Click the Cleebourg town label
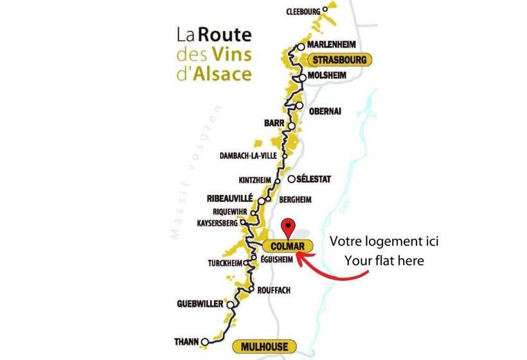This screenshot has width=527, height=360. coord(302,10)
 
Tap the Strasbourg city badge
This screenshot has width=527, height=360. coord(339,60)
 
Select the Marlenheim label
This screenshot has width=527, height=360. coord(331,46)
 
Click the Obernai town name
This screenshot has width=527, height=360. coord(325,111)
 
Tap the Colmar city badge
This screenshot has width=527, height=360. coord(287,246)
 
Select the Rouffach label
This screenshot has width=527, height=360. coord(273,291)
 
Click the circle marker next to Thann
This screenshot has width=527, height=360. coord(204,341)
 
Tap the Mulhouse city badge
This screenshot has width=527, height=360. coord(264,346)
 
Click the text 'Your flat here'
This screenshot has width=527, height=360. coord(384,261)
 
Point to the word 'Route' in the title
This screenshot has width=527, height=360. coord(224,34)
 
